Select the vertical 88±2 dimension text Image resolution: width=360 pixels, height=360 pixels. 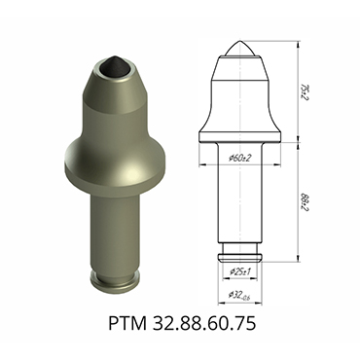click(x=305, y=202)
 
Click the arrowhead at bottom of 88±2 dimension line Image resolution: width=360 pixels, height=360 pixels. click(x=295, y=260)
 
